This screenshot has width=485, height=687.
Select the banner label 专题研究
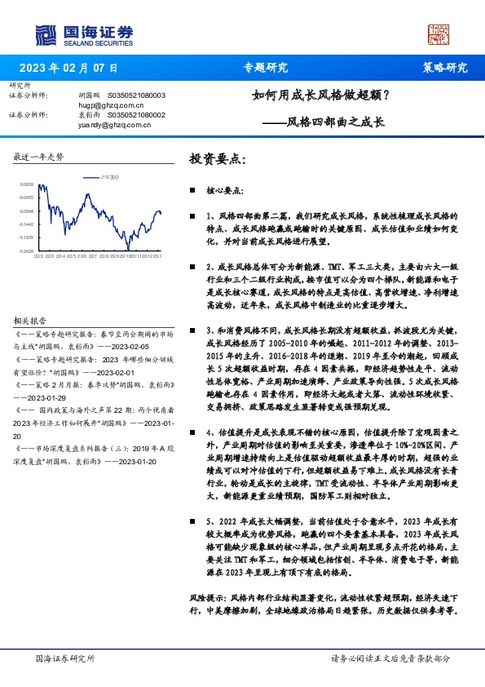[266, 68]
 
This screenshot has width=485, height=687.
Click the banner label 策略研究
[444, 68]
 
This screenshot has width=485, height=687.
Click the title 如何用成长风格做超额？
[320, 94]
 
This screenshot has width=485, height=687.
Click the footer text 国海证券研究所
[65, 658]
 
